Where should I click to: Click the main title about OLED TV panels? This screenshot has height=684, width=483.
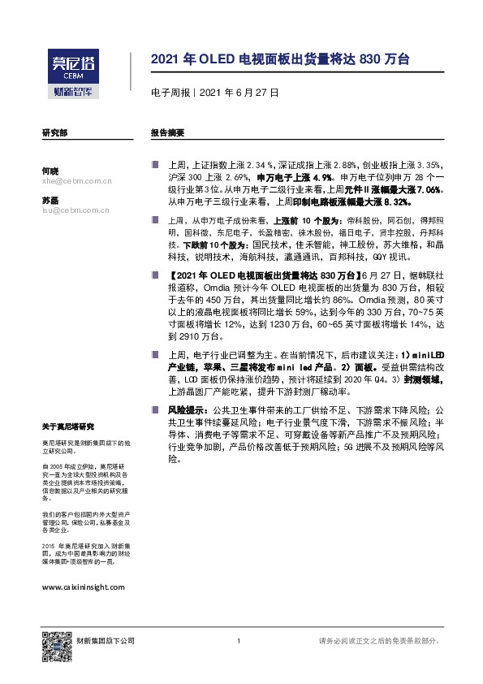pyautogui.click(x=280, y=59)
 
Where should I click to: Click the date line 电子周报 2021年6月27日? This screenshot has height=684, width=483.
pyautogui.click(x=215, y=93)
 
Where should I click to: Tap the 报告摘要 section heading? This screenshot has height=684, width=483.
pyautogui.click(x=167, y=132)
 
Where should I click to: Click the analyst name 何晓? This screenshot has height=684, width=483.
pyautogui.click(x=50, y=171)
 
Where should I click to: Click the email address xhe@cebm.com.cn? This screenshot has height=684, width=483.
pyautogui.click(x=76, y=182)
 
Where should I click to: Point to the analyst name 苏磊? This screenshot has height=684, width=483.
pyautogui.click(x=50, y=200)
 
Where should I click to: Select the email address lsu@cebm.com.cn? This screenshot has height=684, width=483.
pyautogui.click(x=76, y=210)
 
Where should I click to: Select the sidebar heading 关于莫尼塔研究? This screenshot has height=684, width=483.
pyautogui.click(x=68, y=426)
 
